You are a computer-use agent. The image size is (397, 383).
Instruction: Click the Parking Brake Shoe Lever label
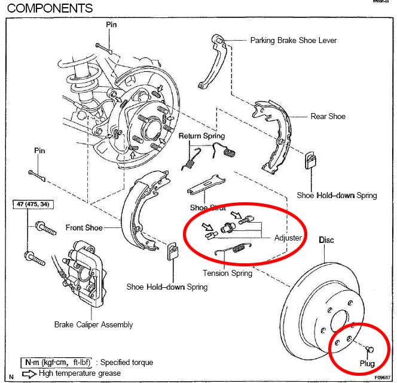click(293, 41)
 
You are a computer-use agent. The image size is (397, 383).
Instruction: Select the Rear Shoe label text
click(328, 116)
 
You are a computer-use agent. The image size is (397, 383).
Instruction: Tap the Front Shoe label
click(84, 227)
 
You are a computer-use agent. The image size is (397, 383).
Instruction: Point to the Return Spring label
click(201, 136)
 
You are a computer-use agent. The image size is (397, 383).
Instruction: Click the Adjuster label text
click(288, 238)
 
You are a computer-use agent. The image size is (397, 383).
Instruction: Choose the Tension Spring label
click(227, 273)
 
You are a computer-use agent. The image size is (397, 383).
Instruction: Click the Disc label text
click(326, 240)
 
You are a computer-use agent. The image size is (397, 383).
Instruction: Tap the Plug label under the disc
click(367, 363)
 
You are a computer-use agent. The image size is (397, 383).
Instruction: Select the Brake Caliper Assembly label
click(93, 325)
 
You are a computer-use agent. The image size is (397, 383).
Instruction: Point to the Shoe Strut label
click(207, 208)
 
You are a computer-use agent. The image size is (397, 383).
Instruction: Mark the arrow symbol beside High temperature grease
click(29, 373)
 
